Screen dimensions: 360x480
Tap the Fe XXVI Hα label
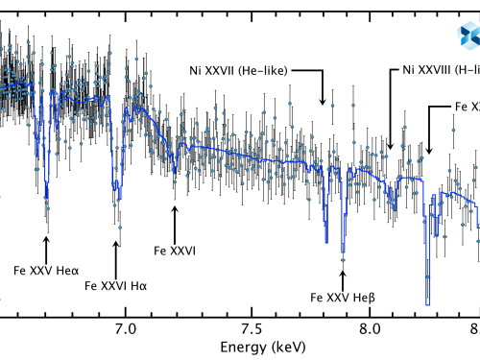tap(116, 284)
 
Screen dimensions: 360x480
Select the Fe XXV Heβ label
tap(343, 296)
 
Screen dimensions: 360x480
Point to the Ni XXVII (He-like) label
tap(242, 70)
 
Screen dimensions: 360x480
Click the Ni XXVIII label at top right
tap(434, 70)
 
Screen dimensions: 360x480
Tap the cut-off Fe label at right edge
tap(467, 106)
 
